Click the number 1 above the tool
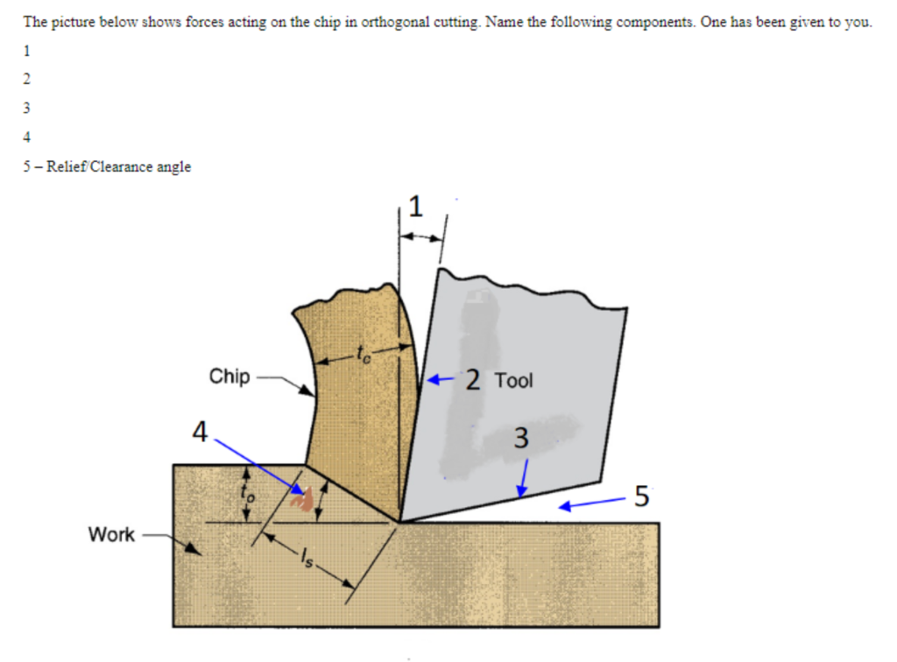[x=415, y=208]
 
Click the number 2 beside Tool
[x=472, y=380]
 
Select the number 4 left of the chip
[x=201, y=433]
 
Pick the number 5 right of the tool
[x=641, y=496]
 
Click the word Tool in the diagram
[x=513, y=381]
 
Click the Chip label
[x=230, y=377]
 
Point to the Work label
[x=111, y=534]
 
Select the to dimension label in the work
[x=246, y=492]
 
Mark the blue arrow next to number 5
[x=590, y=504]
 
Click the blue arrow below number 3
[x=523, y=480]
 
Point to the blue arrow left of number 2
[x=441, y=380]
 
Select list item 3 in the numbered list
[x=26, y=108]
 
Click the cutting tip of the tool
[x=399, y=522]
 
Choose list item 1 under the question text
[x=26, y=50]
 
